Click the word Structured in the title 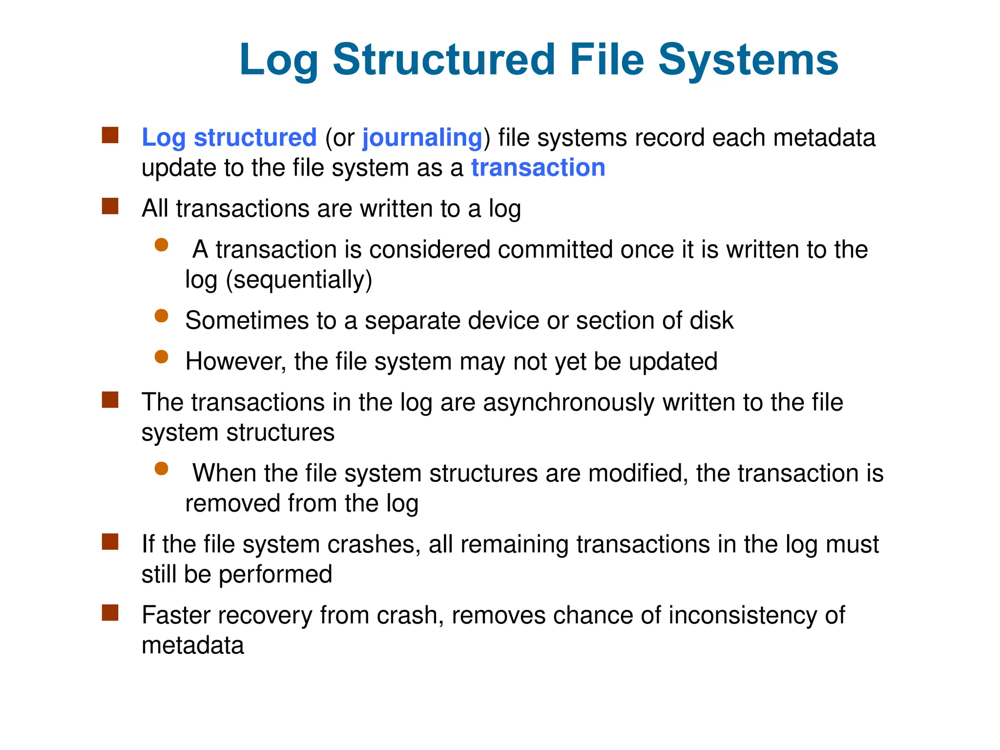pyautogui.click(x=444, y=60)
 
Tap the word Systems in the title pyautogui.click(x=748, y=60)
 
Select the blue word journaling pyautogui.click(x=422, y=137)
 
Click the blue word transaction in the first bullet pyautogui.click(x=538, y=167)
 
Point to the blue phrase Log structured pyautogui.click(x=229, y=137)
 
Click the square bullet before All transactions pyautogui.click(x=110, y=206)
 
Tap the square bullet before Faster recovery pyautogui.click(x=110, y=612)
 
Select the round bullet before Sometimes pyautogui.click(x=161, y=316)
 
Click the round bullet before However pyautogui.click(x=161, y=357)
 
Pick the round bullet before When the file pyautogui.click(x=161, y=469)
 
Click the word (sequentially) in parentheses pyautogui.click(x=299, y=280)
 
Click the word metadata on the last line pyautogui.click(x=192, y=645)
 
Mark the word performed pyautogui.click(x=275, y=574)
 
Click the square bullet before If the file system pyautogui.click(x=110, y=542)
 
